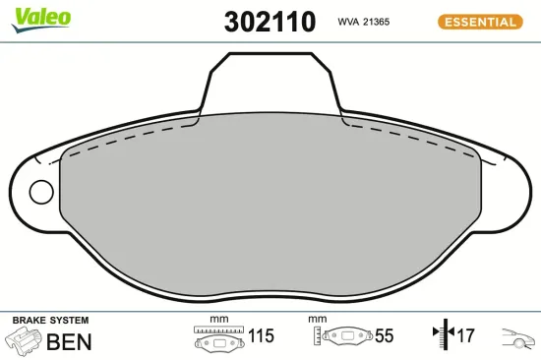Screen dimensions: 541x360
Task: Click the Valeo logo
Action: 41,20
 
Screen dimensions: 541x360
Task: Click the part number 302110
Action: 270,22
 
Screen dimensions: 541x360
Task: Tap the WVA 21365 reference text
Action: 364,22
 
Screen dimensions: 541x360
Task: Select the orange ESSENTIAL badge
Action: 480,22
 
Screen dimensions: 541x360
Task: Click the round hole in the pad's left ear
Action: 41,192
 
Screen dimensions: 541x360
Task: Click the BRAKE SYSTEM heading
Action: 51,321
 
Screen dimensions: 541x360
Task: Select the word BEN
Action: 69,341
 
